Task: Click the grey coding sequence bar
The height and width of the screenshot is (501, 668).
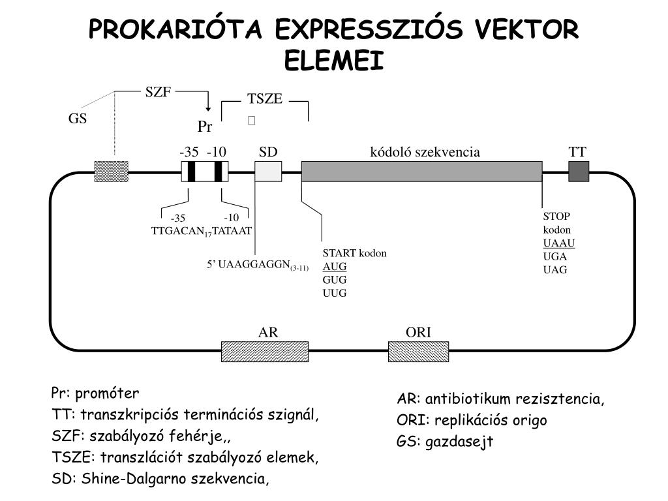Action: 421,172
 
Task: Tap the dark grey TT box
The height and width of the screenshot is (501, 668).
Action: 579,172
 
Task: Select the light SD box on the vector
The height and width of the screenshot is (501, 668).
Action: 268,172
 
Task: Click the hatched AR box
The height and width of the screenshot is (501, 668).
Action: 265,351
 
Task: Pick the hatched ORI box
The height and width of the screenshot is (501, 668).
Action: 418,351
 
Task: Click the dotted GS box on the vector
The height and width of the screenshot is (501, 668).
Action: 112,172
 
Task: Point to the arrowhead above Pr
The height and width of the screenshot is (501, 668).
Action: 207,108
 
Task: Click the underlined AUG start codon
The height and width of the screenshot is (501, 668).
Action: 335,267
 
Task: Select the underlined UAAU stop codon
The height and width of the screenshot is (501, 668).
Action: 559,243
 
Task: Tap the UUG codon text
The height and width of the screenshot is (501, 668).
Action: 335,293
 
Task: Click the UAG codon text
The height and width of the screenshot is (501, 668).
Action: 556,269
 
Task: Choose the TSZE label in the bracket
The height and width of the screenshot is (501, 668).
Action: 265,99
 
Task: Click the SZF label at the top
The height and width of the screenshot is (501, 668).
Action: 158,92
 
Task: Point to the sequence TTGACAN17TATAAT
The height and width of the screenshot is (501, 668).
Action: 202,231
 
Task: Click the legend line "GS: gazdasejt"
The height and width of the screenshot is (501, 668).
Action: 445,442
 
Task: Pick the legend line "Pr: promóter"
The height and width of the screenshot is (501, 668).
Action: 95,394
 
